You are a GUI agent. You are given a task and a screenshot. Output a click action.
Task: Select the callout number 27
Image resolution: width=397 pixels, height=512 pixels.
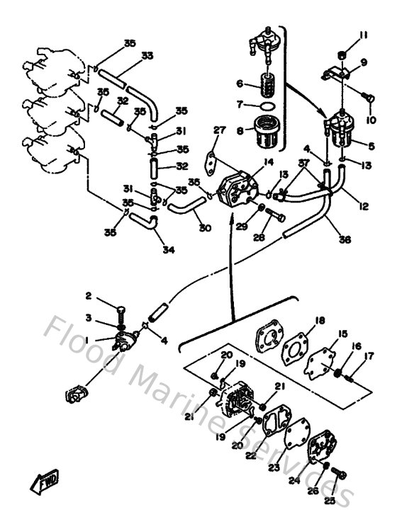pos(198,130)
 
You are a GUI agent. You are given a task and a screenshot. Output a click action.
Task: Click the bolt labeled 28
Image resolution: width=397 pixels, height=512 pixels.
pos(276,217)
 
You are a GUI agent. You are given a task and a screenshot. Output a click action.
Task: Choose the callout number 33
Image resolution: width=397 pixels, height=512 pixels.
pos(147,55)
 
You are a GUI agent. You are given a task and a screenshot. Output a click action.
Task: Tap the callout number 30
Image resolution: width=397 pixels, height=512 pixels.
pos(205,228)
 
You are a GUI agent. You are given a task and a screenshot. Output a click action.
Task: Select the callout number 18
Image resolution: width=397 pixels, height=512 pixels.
pos(320,321)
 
